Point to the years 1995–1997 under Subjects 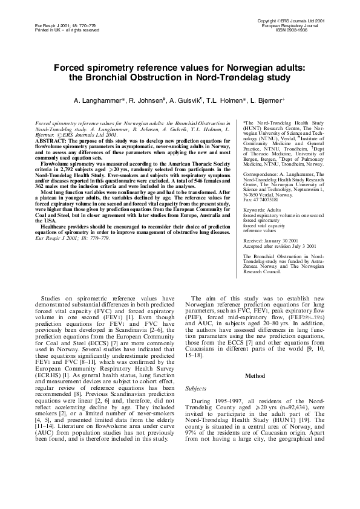(233, 402)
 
